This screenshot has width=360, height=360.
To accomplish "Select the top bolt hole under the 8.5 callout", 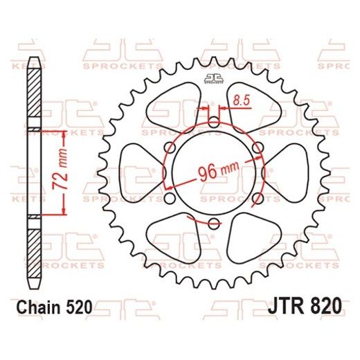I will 214,123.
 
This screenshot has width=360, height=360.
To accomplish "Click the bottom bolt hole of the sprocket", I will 214,222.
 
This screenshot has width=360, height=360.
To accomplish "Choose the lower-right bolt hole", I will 257,198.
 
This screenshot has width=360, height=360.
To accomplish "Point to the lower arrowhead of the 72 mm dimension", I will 64,210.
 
